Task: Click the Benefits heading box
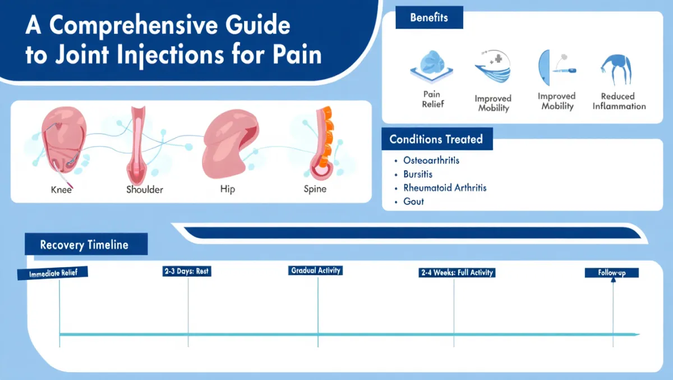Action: tap(429, 18)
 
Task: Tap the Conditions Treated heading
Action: tap(436, 139)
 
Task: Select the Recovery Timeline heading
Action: tap(85, 245)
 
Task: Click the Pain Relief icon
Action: tap(431, 65)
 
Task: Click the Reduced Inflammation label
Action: tap(619, 101)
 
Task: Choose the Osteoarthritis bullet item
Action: tap(431, 161)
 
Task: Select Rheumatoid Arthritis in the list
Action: tap(445, 188)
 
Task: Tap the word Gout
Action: tap(413, 202)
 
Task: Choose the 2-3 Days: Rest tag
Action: tap(187, 272)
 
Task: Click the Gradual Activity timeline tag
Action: tap(316, 271)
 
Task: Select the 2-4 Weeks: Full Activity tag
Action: tap(457, 273)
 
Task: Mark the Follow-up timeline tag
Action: tap(611, 273)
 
